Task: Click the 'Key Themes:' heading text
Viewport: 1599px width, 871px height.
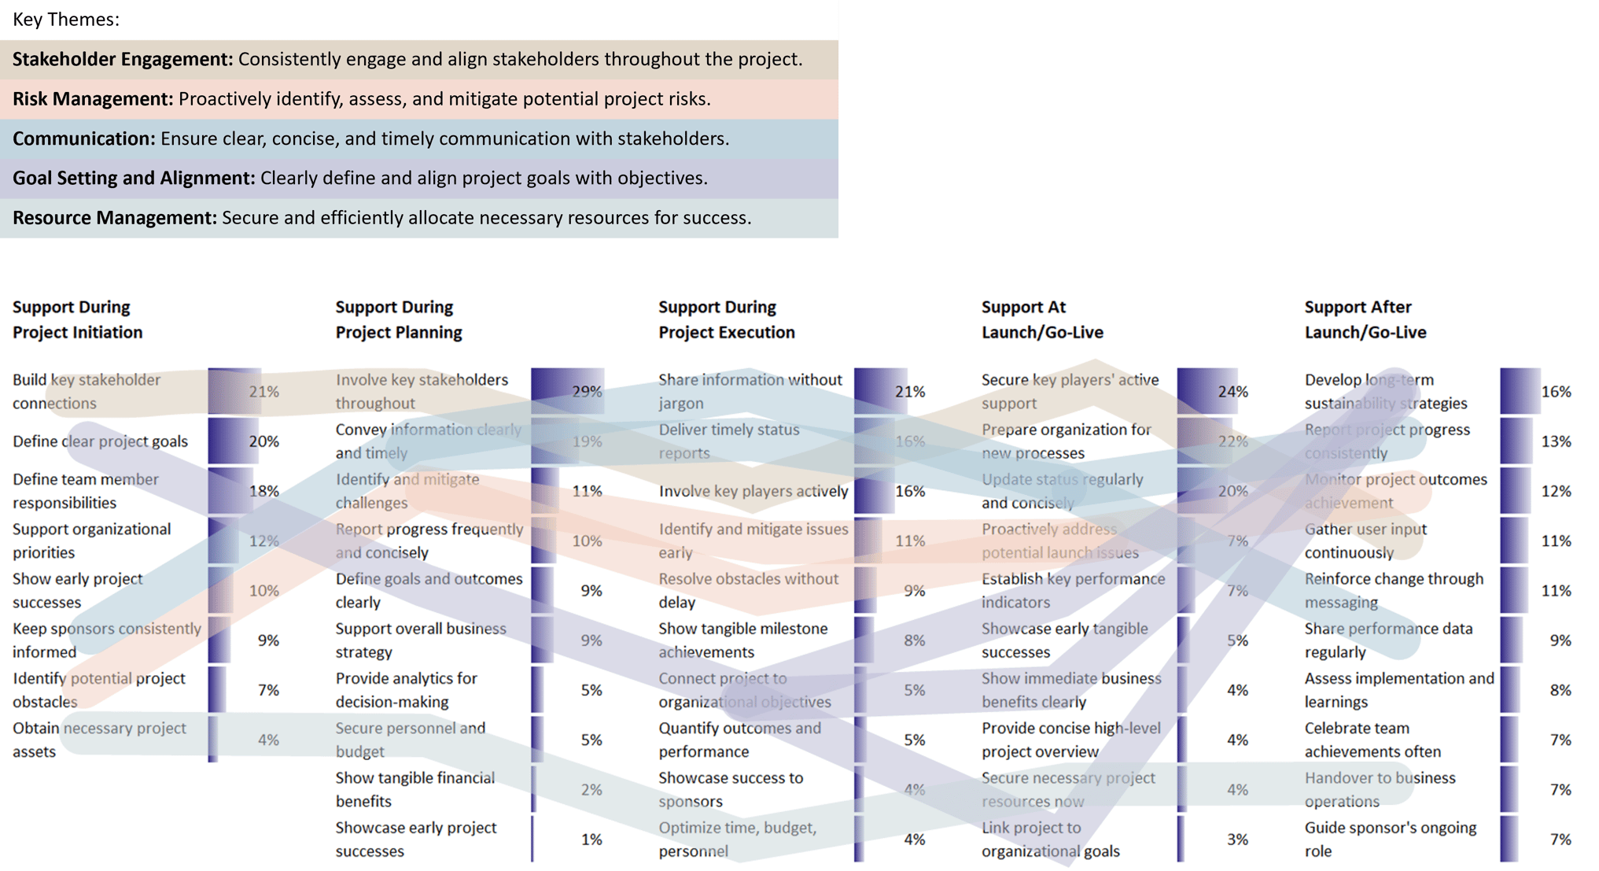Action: coord(66,20)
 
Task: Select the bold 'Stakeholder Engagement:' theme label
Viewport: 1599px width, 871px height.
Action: coord(122,60)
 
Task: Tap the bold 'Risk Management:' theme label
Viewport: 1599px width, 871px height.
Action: coord(93,99)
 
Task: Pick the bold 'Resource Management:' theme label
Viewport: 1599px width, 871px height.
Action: coord(114,218)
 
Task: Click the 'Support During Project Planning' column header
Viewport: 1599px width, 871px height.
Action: coord(398,319)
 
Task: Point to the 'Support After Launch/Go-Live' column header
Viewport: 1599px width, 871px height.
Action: coord(1365,319)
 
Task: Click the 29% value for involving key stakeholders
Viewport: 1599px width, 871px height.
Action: coord(587,392)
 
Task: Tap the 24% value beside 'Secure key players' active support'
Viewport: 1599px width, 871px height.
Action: coord(1232,392)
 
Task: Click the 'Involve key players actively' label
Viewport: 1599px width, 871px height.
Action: coord(753,492)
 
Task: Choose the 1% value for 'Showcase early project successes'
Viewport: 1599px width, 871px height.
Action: coord(591,840)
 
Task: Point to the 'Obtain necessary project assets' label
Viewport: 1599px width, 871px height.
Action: coord(99,740)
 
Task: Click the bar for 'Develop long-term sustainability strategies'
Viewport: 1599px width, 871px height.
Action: coord(1519,392)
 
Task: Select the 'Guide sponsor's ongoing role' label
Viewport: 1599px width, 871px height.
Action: coord(1390,840)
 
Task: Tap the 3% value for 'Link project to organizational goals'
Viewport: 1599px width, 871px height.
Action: coord(1237,840)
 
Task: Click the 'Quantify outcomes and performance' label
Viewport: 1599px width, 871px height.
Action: coord(739,740)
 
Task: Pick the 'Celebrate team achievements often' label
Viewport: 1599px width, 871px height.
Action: coord(1372,740)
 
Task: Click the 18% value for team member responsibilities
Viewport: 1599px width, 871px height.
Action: coord(263,492)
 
